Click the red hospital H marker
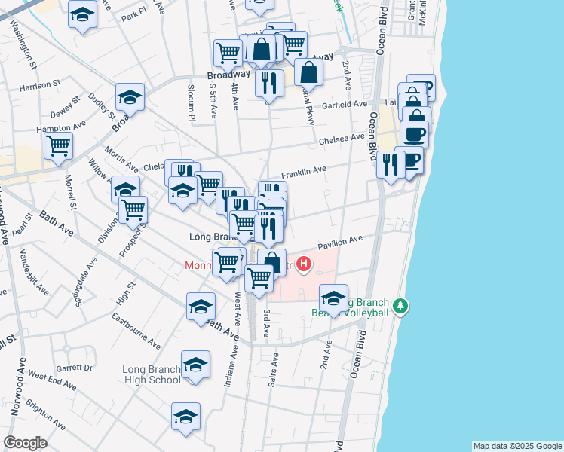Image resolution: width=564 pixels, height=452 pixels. point(303,264)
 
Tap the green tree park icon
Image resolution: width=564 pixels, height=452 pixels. point(402,306)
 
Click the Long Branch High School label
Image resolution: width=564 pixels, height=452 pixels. point(152,374)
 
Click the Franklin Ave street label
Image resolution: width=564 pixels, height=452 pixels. point(304,171)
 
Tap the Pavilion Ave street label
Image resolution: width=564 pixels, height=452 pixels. point(339,243)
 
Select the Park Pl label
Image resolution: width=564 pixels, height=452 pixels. point(133,14)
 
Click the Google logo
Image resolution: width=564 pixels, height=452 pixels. point(25,442)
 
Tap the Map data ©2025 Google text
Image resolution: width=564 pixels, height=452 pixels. point(516,446)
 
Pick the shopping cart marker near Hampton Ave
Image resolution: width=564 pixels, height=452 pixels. point(58,145)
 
